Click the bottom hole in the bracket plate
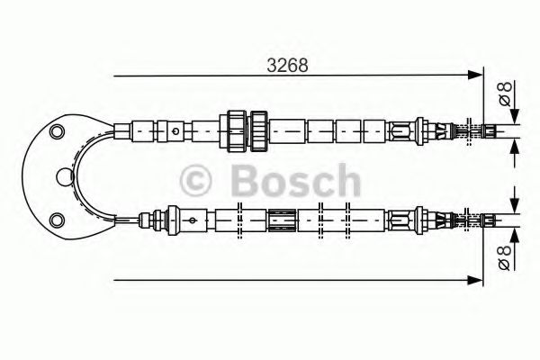[58, 219]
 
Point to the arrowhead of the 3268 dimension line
[477, 78]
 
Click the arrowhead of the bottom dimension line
[477, 279]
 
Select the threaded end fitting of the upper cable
[468, 131]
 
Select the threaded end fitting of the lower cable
[468, 219]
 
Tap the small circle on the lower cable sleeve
[192, 219]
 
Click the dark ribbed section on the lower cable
[282, 219]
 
